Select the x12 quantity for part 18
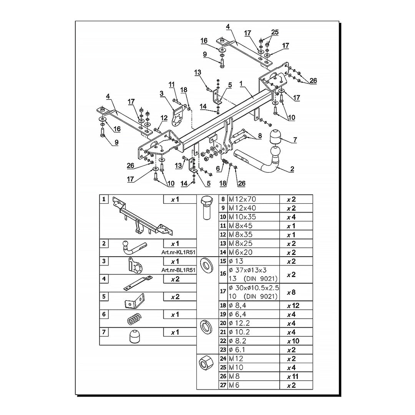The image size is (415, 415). point(293,306)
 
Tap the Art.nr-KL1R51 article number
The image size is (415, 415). point(178,252)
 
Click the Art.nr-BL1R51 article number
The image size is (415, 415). point(178,270)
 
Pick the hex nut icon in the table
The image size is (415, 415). point(206,363)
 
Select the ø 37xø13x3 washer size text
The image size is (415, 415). point(248,270)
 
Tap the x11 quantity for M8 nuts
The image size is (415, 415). point(292,376)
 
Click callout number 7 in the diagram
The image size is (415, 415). point(295,140)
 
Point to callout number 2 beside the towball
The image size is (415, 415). point(292,169)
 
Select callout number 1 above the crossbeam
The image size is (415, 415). point(241,84)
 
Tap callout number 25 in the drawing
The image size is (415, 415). point(275,32)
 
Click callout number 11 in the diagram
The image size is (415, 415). point(172,85)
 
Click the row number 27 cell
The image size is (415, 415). point(223,385)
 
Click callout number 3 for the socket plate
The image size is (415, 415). point(161,93)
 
